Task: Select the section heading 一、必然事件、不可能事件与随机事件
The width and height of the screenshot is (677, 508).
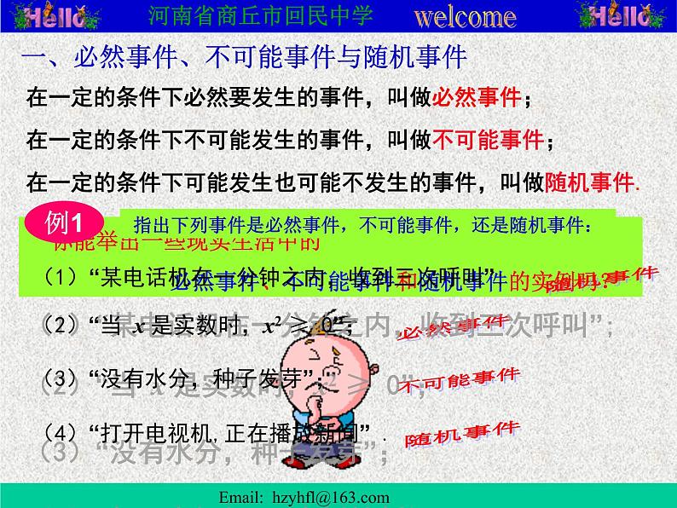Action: (x=242, y=58)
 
